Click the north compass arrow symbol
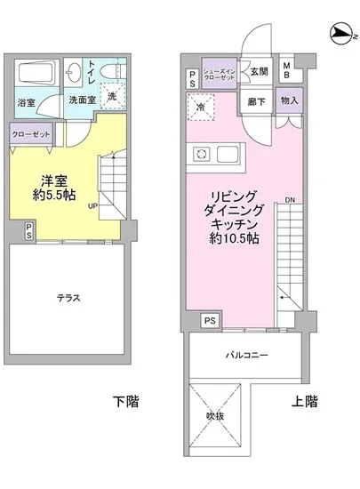pyautogui.click(x=340, y=34)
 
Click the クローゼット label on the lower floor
pyautogui.click(x=31, y=134)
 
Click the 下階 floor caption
pyautogui.click(x=124, y=402)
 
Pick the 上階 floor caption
pyautogui.click(x=305, y=402)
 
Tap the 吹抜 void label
pyautogui.click(x=216, y=414)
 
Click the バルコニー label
pyautogui.click(x=249, y=355)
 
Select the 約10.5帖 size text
pyautogui.click(x=234, y=239)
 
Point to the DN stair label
pyautogui.click(x=289, y=199)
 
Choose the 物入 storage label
pyautogui.click(x=289, y=102)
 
